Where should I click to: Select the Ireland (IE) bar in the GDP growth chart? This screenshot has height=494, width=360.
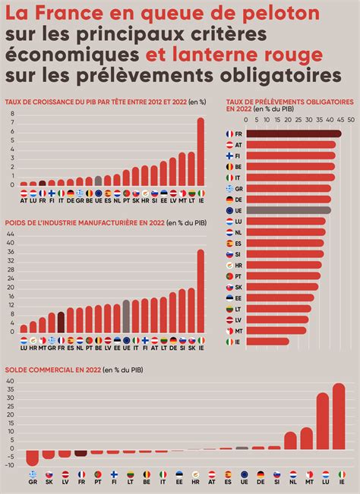coord(201,151)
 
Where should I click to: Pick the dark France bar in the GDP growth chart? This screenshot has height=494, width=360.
coord(42,183)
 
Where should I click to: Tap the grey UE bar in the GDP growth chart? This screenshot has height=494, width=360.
coord(98,181)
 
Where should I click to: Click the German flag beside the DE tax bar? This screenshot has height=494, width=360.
coord(229,199)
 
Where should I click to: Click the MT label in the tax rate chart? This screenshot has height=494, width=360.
coord(238,331)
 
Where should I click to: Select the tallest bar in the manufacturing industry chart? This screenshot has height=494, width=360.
coord(201,292)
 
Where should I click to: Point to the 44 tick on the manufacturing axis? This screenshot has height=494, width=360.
coord(11,234)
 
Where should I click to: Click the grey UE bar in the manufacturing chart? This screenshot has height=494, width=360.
coord(126,316)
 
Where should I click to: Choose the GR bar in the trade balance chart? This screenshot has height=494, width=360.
coord(32,457)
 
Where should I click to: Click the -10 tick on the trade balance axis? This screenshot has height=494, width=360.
coord(11,465)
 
